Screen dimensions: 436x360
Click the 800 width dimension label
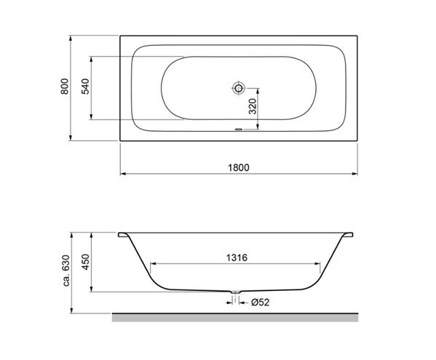[65, 87]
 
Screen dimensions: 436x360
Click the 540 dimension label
[86, 87]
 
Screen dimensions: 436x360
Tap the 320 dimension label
[253, 106]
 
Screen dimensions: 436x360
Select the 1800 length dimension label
[239, 168]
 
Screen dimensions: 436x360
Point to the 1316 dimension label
[237, 257]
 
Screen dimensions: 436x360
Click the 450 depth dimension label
[86, 262]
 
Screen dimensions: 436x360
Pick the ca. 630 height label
[66, 271]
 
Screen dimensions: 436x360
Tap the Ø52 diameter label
[261, 303]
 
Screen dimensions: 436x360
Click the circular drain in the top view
[238, 88]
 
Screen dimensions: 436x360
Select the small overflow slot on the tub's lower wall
[238, 129]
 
